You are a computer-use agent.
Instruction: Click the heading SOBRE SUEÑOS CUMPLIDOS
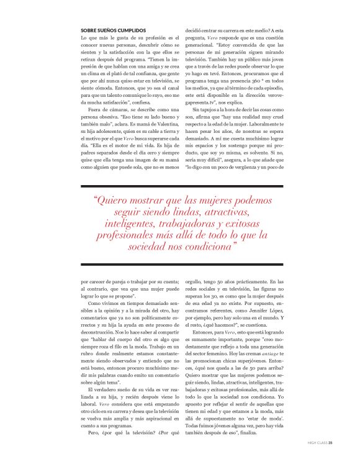pyautogui.click(x=114, y=29)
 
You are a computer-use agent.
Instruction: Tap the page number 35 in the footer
pyautogui.click(x=331, y=443)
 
